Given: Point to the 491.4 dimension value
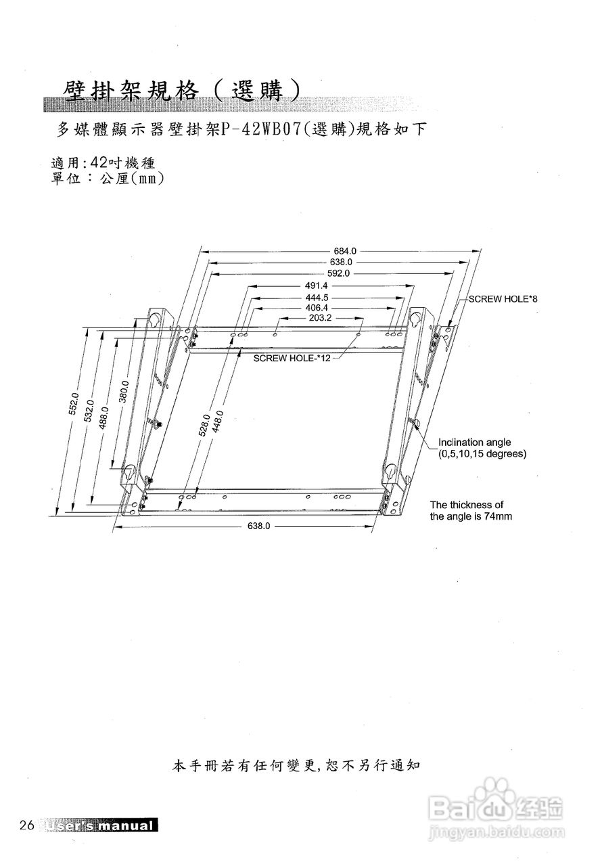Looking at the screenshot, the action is coord(312,286).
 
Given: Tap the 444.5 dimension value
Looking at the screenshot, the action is coord(317,298).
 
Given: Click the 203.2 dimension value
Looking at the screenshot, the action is coord(321,317).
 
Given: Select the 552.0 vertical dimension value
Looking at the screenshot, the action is coord(75,404).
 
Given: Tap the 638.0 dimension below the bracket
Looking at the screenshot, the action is coord(259,526).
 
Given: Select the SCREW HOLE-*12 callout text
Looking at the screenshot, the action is coord(292,358).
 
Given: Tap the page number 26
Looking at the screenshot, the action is coord(27,825).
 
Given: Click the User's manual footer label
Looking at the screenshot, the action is coord(99,826).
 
